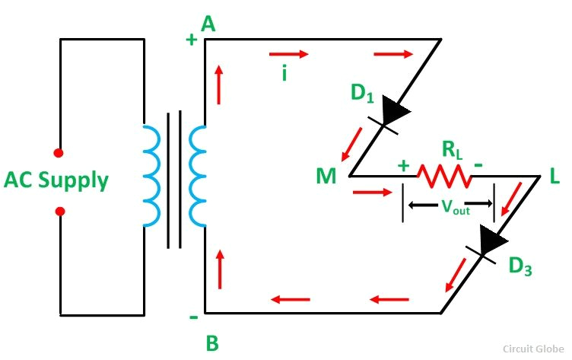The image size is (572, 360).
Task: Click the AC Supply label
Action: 56,181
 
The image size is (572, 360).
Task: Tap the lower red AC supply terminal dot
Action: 60,211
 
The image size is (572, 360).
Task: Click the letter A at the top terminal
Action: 208,24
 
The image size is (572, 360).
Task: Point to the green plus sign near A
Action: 192,40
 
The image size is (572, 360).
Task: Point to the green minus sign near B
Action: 192,314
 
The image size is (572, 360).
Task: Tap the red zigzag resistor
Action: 443,177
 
